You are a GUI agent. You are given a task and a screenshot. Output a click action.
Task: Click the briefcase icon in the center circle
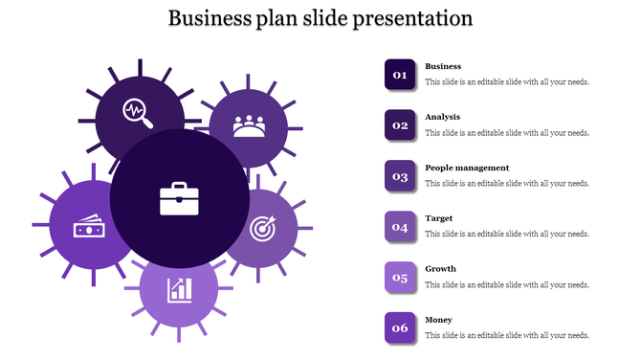pyautogui.click(x=179, y=199)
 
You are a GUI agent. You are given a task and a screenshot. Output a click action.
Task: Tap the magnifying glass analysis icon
pyautogui.click(x=138, y=113)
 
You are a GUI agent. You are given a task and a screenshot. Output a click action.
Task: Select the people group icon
pyautogui.click(x=249, y=125)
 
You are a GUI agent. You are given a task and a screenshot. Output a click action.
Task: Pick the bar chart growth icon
pyautogui.click(x=179, y=288)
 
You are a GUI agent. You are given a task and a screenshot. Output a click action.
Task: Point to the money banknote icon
pyautogui.click(x=88, y=230)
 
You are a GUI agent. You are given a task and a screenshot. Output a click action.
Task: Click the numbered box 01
pyautogui.click(x=400, y=74)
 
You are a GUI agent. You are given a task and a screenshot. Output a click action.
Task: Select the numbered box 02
pyautogui.click(x=400, y=124)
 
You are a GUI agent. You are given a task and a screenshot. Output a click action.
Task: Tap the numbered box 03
pyautogui.click(x=400, y=175)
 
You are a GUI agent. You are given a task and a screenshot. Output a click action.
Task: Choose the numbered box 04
pyautogui.click(x=400, y=227)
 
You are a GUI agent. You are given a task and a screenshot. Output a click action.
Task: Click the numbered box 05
pyautogui.click(x=400, y=278)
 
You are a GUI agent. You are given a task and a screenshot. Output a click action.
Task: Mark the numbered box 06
pyautogui.click(x=400, y=327)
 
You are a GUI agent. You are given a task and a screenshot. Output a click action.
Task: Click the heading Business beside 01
pyautogui.click(x=443, y=66)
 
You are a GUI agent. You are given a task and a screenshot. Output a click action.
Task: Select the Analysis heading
pyautogui.click(x=442, y=117)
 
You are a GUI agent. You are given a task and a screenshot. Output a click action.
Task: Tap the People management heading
pyautogui.click(x=467, y=168)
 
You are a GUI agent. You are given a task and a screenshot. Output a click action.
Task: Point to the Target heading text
pyautogui.click(x=439, y=218)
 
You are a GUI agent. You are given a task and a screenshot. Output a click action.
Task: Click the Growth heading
pyautogui.click(x=440, y=269)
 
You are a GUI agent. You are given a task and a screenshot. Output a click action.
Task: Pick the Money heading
pyautogui.click(x=439, y=320)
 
